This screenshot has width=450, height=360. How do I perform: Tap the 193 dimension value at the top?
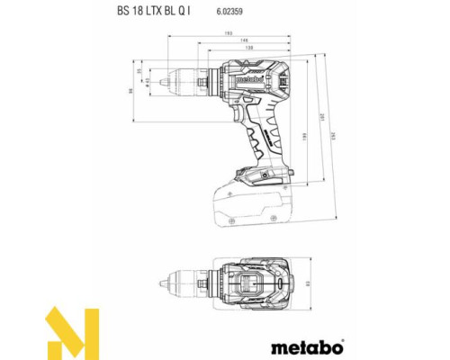tap(229, 35)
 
